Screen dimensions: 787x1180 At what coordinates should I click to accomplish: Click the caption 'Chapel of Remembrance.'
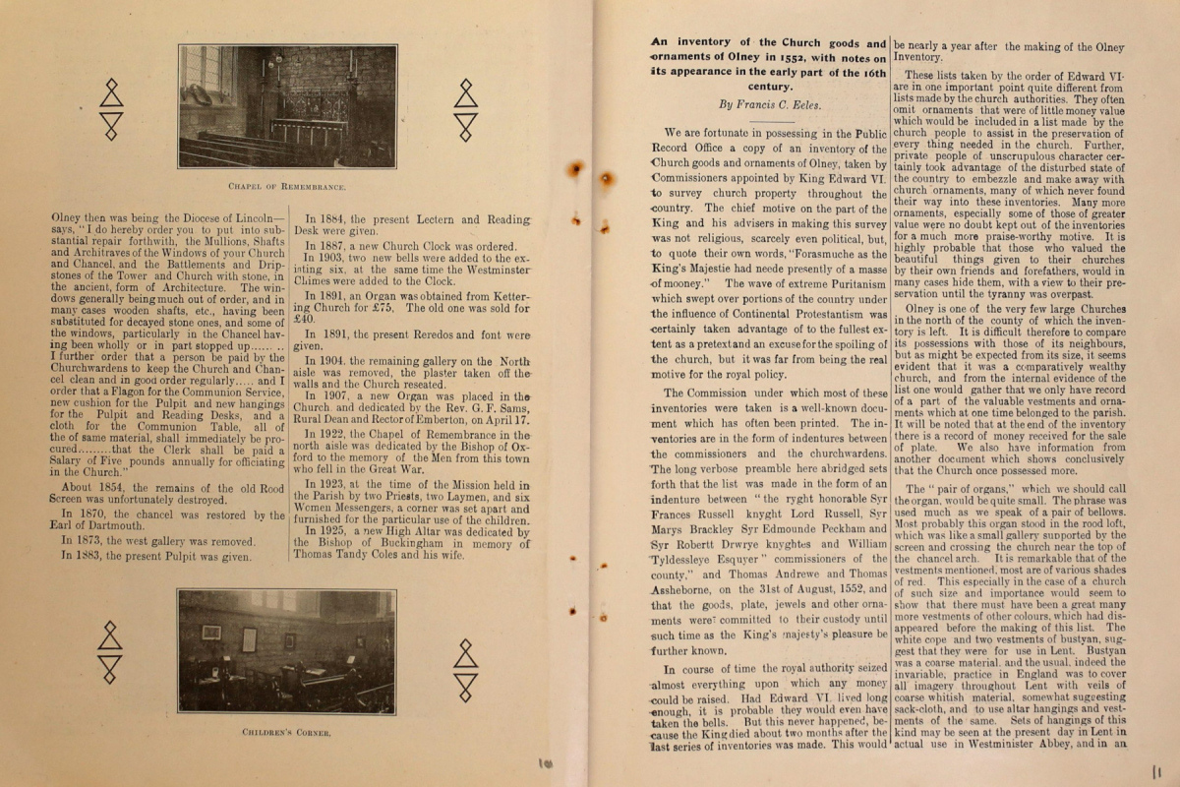287,186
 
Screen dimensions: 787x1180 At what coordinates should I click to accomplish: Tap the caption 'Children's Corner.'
286,732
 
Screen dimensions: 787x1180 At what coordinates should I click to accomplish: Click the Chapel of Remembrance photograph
287,106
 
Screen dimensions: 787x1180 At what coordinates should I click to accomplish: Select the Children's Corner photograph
286,652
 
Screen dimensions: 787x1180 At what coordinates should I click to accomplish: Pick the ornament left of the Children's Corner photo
110,652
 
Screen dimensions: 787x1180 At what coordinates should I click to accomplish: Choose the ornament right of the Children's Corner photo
465,669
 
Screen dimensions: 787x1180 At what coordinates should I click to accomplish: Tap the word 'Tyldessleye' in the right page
687,558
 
